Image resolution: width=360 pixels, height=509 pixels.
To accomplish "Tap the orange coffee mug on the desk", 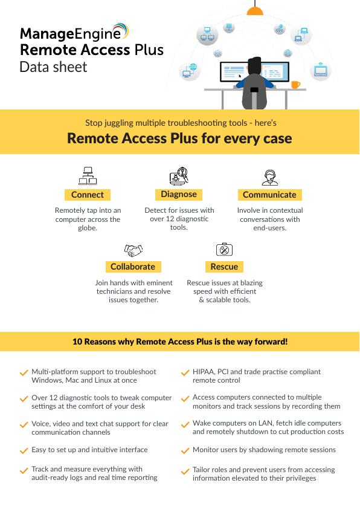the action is (x=295, y=85).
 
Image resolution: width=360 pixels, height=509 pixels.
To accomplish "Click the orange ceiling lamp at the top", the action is (x=255, y=11).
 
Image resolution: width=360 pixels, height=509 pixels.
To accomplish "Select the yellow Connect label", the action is (x=88, y=195).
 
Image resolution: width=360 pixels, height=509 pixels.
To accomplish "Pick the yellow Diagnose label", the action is (x=179, y=195).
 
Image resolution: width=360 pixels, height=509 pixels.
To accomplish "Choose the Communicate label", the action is (x=269, y=195).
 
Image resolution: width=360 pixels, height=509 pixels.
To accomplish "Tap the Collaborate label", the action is (x=133, y=267).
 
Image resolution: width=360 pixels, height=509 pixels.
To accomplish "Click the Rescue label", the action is (x=224, y=267).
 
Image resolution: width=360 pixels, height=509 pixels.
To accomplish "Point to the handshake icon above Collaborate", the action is (x=133, y=250).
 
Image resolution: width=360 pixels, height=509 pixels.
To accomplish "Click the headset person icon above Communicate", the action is (x=270, y=177).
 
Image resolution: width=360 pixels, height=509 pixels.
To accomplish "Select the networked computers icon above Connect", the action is (x=88, y=176).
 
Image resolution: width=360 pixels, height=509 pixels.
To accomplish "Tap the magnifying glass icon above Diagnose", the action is (x=179, y=176).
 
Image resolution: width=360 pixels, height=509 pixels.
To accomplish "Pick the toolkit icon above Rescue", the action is (x=225, y=249).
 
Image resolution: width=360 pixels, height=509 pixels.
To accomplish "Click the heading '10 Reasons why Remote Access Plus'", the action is (x=180, y=342).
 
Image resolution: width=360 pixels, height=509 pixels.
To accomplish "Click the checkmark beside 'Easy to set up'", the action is (x=24, y=450).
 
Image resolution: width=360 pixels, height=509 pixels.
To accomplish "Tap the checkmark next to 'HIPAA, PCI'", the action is (x=185, y=372).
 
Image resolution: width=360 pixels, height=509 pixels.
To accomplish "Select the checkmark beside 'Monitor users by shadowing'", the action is (x=185, y=450).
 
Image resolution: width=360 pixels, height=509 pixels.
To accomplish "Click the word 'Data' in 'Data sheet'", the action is (x=34, y=67).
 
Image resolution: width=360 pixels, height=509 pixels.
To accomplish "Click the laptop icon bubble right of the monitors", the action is (x=320, y=71).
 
